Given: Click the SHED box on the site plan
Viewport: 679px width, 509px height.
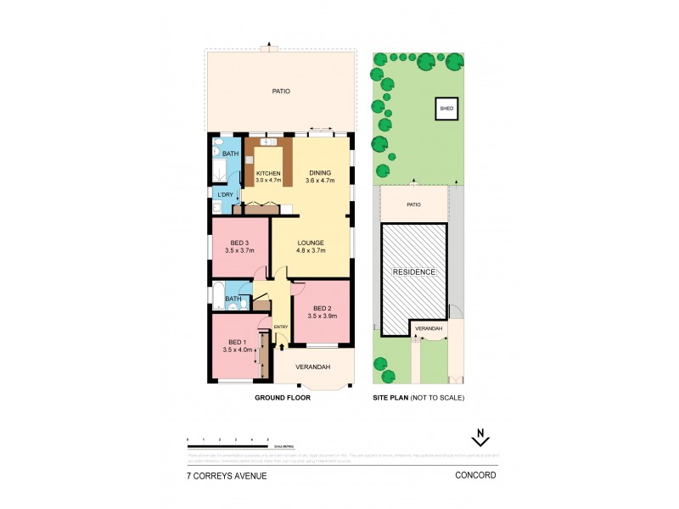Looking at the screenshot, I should tap(446, 109).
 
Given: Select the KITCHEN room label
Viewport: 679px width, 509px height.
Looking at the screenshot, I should tap(268, 173).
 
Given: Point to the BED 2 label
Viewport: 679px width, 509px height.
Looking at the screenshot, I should tap(323, 308).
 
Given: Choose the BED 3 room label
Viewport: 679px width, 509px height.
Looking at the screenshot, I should tap(239, 243).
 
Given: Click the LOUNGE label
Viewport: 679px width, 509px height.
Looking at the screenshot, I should tap(311, 243).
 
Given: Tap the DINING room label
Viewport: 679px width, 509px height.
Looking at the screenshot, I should tap(320, 173).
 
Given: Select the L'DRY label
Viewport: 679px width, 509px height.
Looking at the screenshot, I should tap(225, 195).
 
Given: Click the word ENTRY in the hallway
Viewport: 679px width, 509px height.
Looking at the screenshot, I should tap(280, 327).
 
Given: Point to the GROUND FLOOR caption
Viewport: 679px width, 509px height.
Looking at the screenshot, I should tap(282, 397).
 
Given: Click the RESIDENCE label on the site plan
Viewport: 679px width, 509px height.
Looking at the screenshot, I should tap(413, 272).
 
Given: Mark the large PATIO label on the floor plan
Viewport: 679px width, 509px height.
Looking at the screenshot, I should tap(281, 91).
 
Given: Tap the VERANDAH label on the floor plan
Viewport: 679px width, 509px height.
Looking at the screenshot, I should tap(311, 367).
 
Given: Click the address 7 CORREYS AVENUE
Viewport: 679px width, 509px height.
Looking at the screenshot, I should tap(227, 476).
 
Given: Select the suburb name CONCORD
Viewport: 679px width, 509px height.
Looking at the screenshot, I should tap(476, 476).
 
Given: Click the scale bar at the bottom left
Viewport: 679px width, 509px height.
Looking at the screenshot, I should tap(228, 445).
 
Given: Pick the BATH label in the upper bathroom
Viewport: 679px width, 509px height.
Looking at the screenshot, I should tap(231, 154).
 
